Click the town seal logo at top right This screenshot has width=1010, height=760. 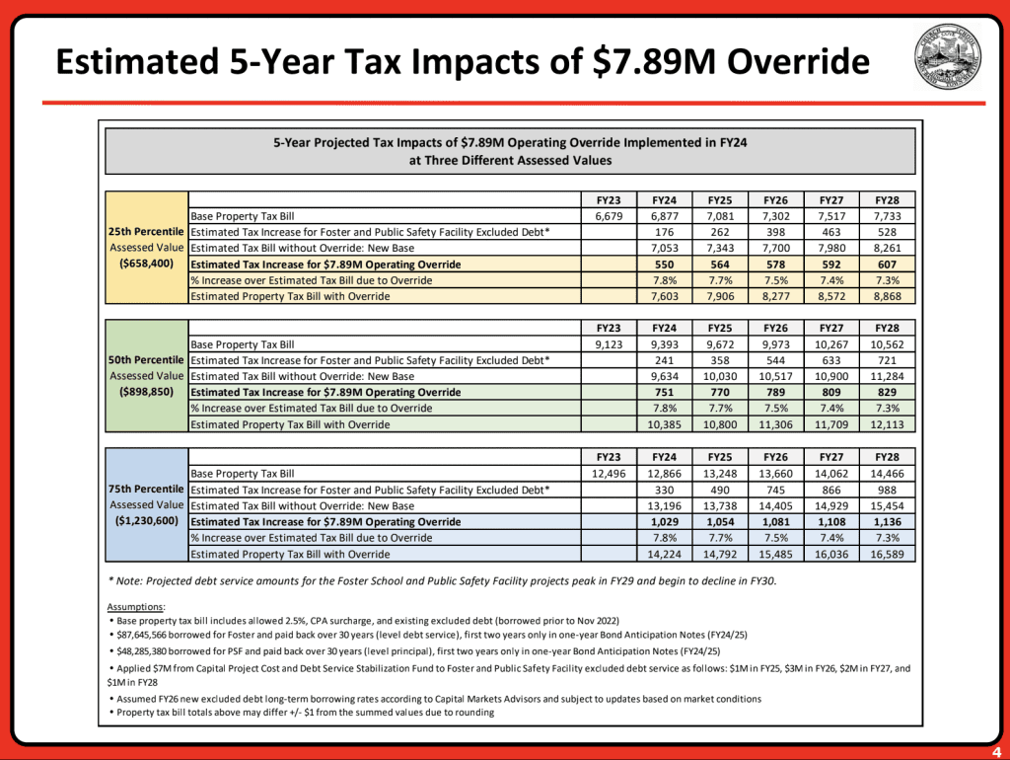tap(948, 58)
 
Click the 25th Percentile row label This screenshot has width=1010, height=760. tap(146, 231)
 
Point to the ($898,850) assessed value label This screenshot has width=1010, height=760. tap(146, 392)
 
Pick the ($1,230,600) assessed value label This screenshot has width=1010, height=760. tap(146, 521)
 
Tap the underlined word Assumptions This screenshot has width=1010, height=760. tap(136, 606)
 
